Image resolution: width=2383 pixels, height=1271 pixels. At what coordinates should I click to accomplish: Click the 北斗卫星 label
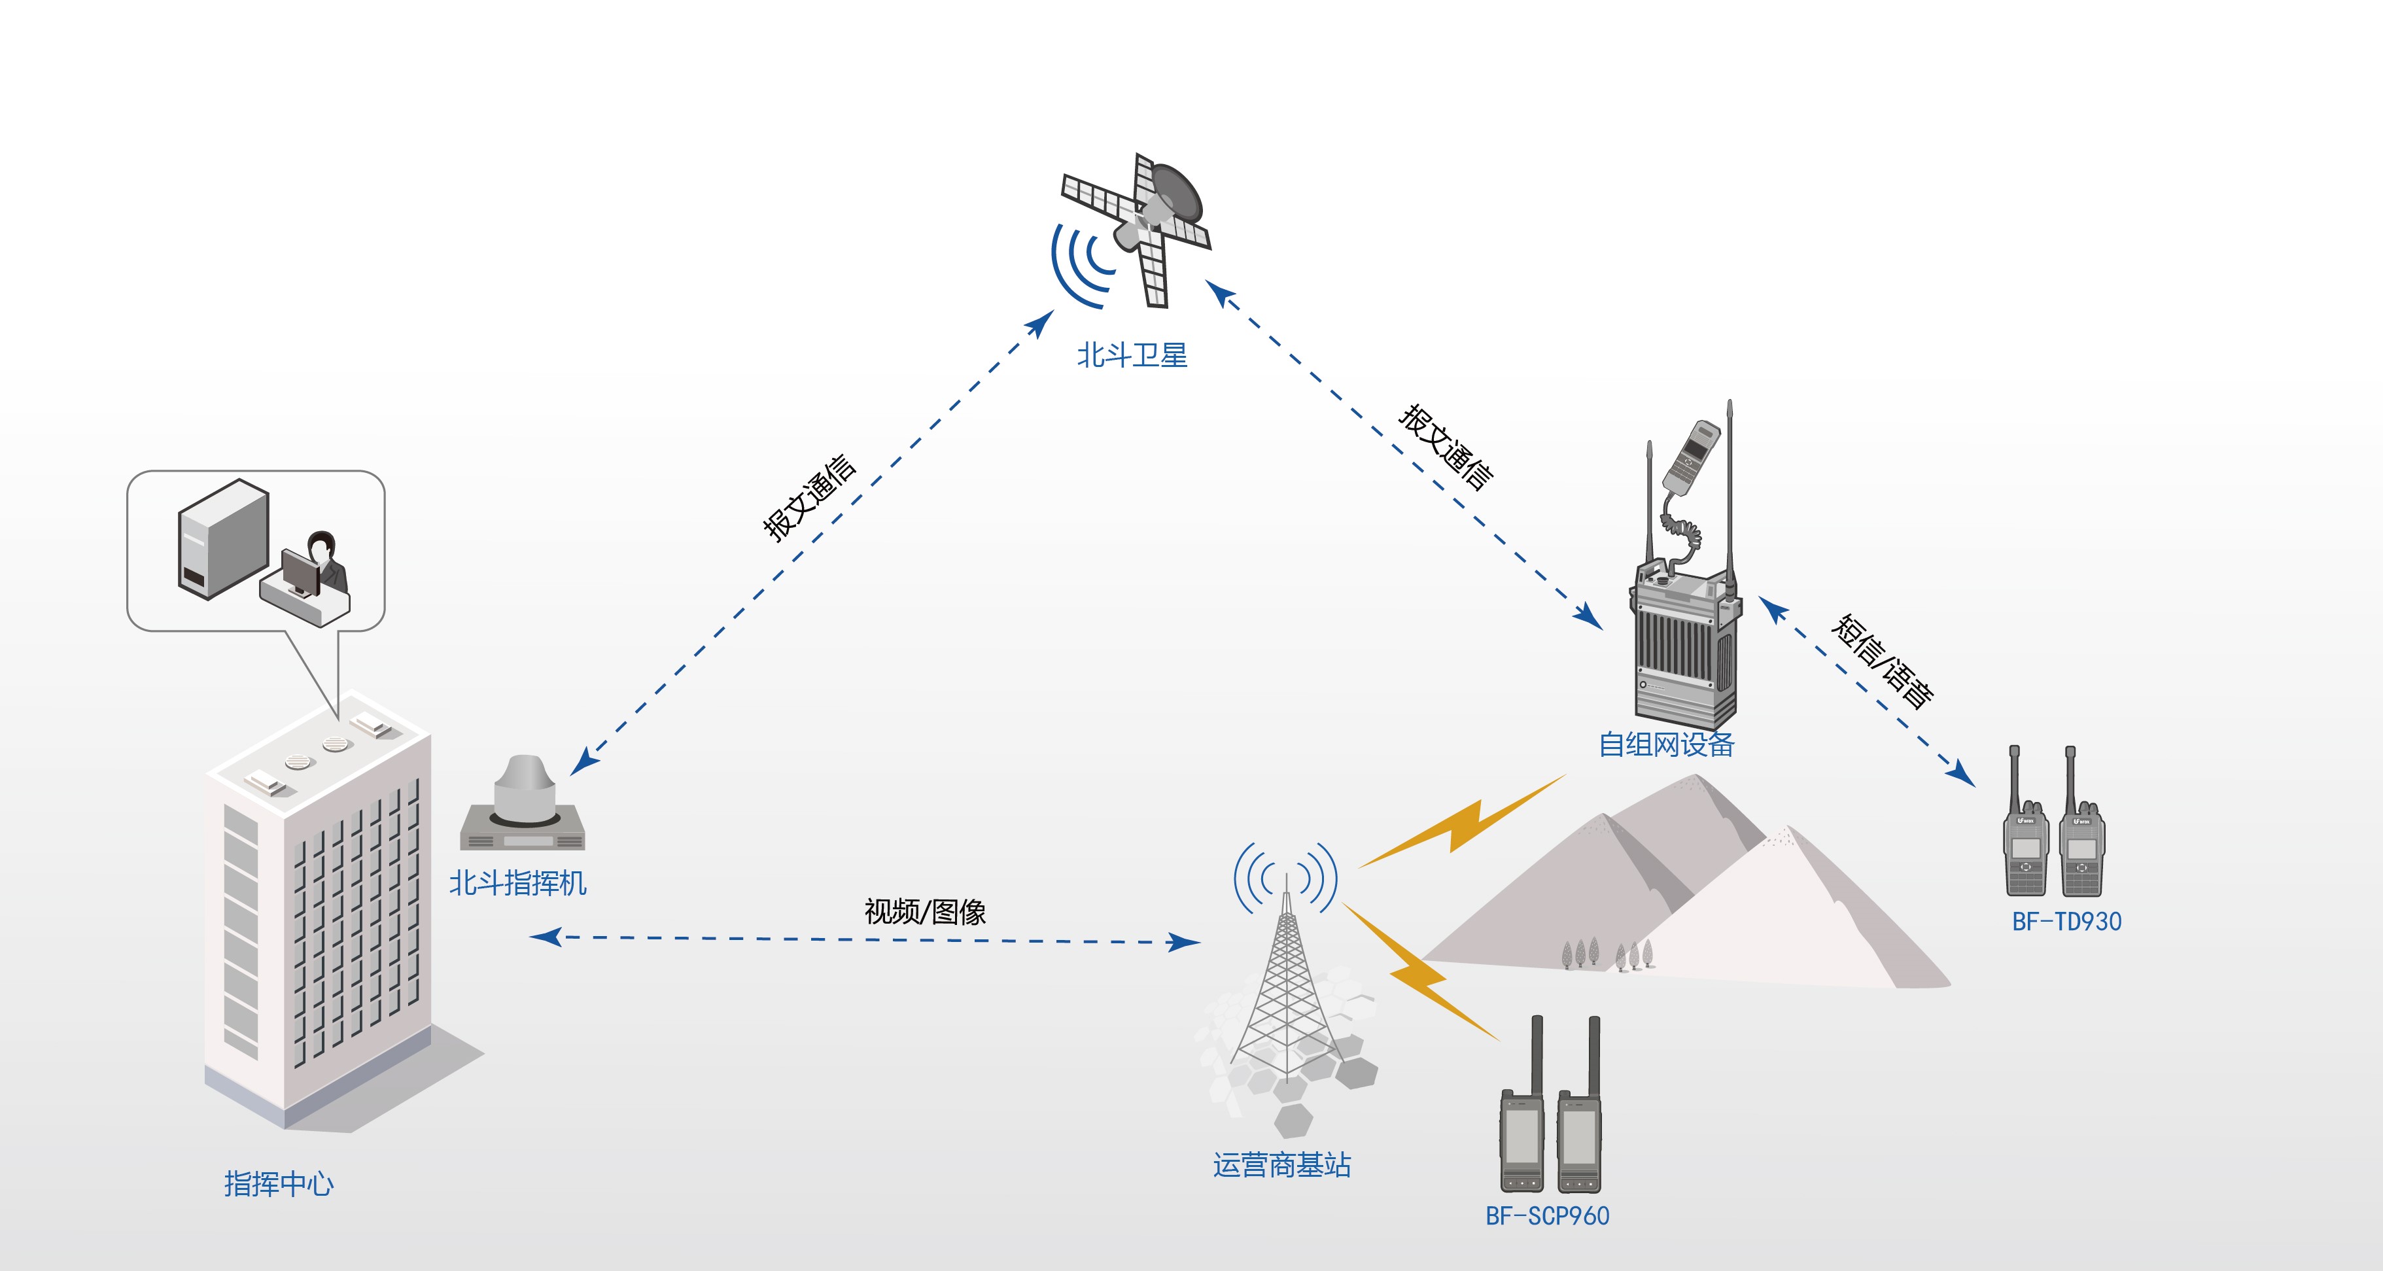pyautogui.click(x=1132, y=355)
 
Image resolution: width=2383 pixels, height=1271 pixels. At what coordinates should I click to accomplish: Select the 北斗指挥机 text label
pyautogui.click(x=518, y=883)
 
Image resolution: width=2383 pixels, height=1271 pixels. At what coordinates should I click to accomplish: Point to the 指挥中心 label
pyautogui.click(x=279, y=1184)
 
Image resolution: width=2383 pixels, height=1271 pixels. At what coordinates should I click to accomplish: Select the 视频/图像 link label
pyautogui.click(x=925, y=912)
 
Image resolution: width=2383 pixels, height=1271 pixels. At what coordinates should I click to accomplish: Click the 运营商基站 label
pyautogui.click(x=1282, y=1164)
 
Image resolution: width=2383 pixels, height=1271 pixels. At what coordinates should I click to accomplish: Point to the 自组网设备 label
pyautogui.click(x=1666, y=744)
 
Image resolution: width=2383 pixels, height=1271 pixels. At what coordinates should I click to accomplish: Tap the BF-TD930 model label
pyautogui.click(x=2066, y=921)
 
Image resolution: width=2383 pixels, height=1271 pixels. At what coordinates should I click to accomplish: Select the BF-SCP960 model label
pyautogui.click(x=1547, y=1215)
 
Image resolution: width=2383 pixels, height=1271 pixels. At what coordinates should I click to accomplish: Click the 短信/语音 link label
pyautogui.click(x=1883, y=661)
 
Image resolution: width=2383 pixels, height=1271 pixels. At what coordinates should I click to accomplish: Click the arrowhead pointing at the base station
pyautogui.click(x=1184, y=943)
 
